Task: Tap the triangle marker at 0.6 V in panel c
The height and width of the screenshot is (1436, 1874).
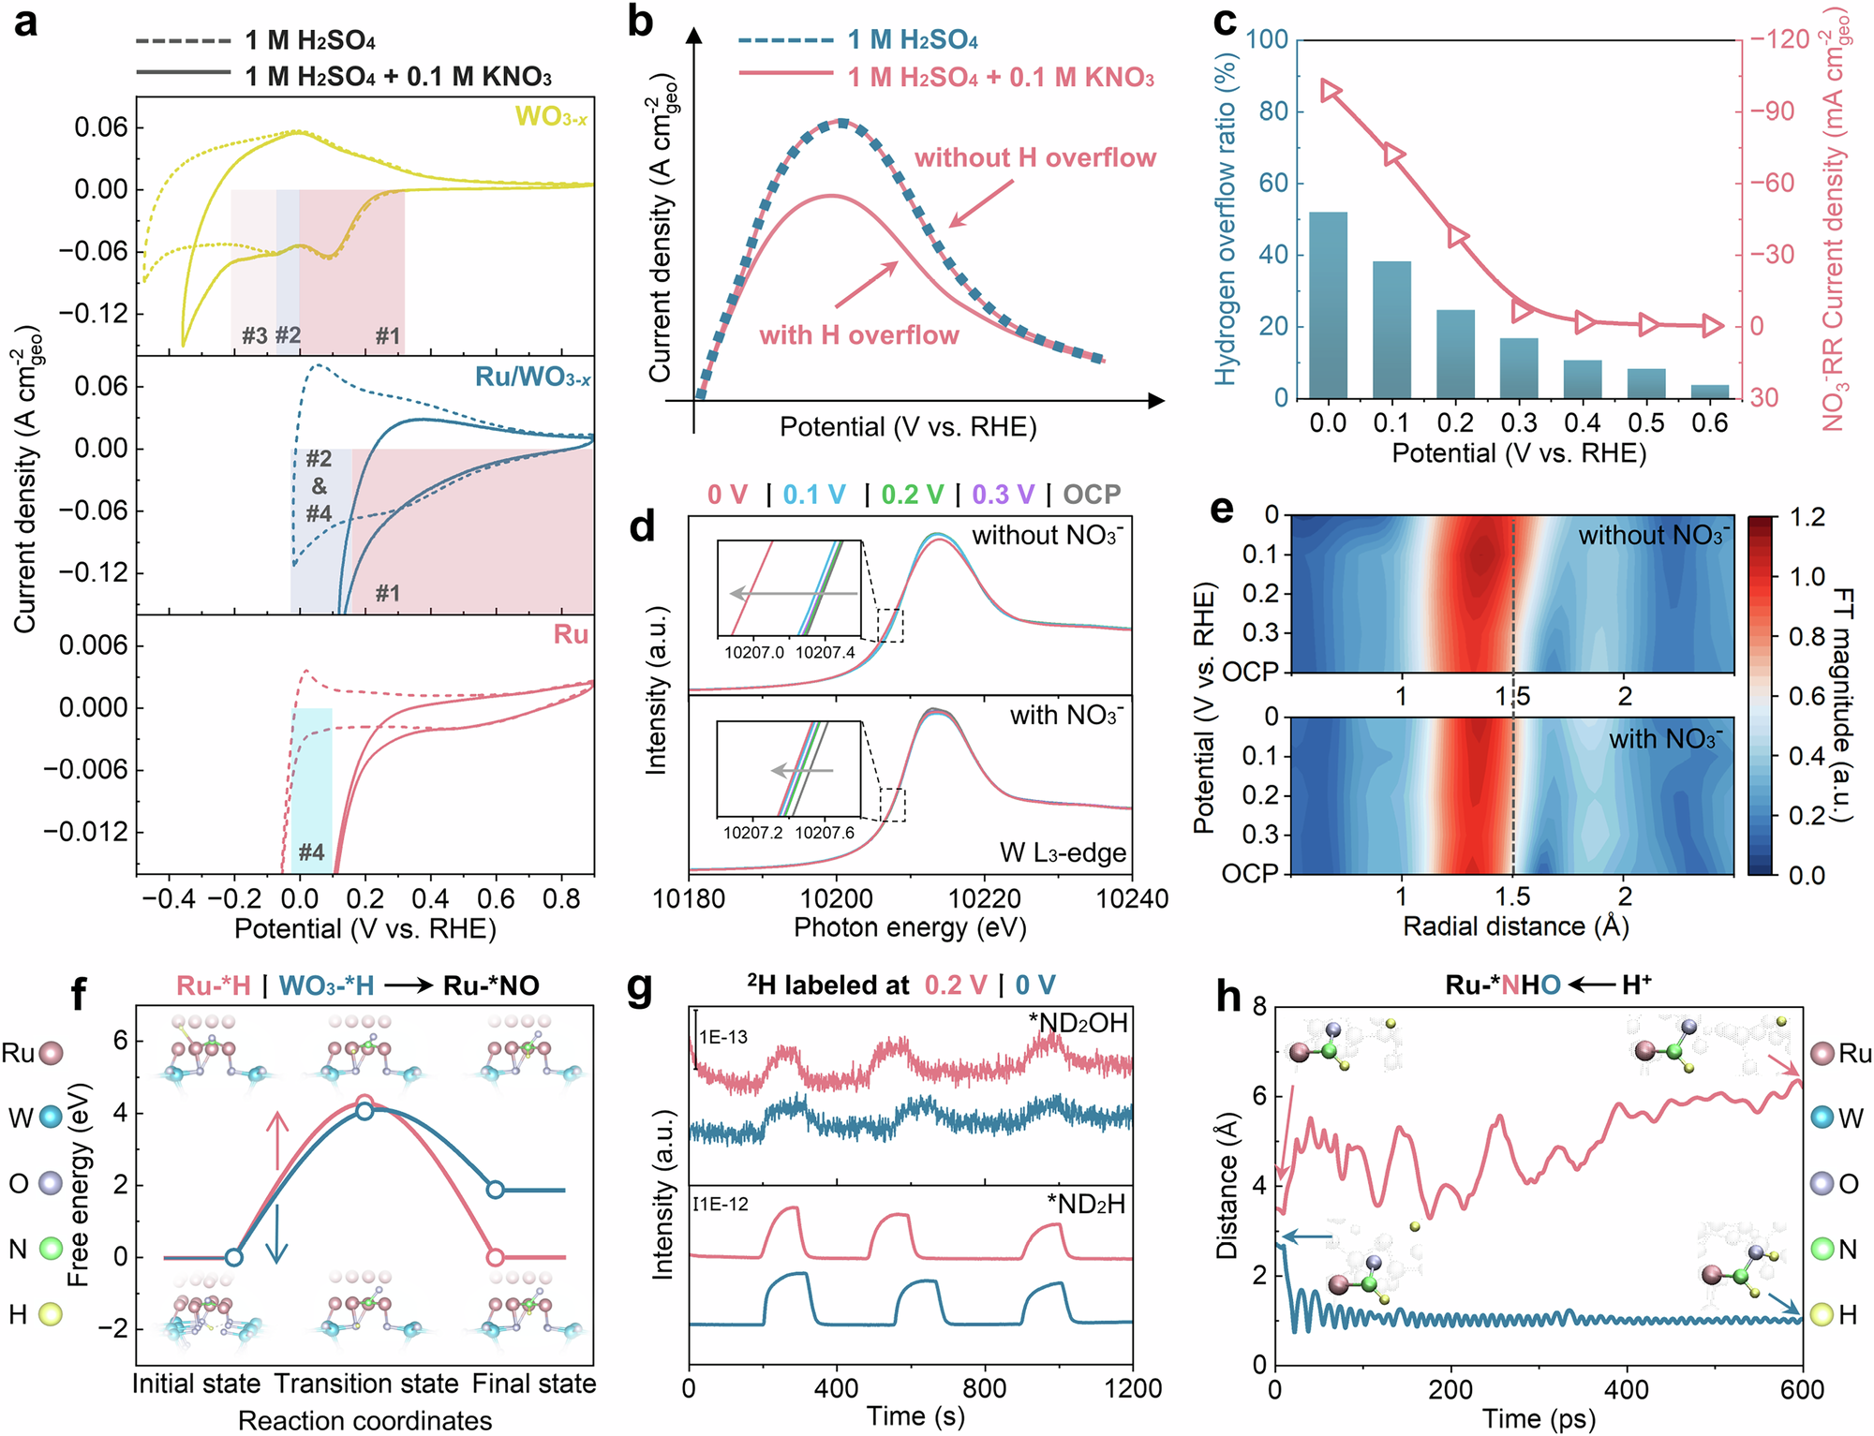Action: pyautogui.click(x=1712, y=326)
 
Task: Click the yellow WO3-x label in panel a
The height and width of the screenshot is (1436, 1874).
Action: pyautogui.click(x=552, y=117)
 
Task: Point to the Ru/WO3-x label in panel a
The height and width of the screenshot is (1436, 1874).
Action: pyautogui.click(x=532, y=377)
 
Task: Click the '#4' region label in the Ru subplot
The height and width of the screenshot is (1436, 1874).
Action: pyautogui.click(x=311, y=851)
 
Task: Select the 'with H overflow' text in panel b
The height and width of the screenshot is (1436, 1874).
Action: pyautogui.click(x=858, y=335)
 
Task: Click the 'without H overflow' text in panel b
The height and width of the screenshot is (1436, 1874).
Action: pyautogui.click(x=1034, y=157)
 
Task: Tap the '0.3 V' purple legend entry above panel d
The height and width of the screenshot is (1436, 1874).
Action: pyautogui.click(x=1003, y=494)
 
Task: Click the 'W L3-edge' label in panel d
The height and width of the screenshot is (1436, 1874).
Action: pyautogui.click(x=1062, y=852)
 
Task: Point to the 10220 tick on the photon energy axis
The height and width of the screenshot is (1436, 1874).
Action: pyautogui.click(x=984, y=899)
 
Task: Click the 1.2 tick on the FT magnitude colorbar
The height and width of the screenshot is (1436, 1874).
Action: pyautogui.click(x=1807, y=517)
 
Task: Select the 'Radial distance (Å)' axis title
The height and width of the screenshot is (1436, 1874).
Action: pyautogui.click(x=1515, y=926)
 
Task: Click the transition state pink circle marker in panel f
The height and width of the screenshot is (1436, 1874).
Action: pyautogui.click(x=365, y=1103)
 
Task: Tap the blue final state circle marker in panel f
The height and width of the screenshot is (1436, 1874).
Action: pyautogui.click(x=495, y=1190)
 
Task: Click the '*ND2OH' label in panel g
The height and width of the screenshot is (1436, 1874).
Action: pyautogui.click(x=1078, y=1023)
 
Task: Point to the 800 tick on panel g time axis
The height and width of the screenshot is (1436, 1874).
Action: pyautogui.click(x=984, y=1388)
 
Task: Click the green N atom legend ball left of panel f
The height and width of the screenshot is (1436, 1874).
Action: pyautogui.click(x=50, y=1249)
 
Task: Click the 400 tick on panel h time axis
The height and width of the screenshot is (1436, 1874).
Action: pyautogui.click(x=1627, y=1389)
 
